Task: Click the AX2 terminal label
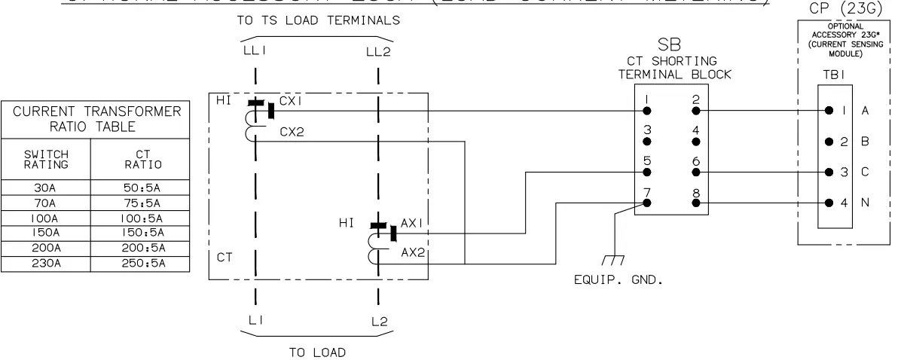point(414,253)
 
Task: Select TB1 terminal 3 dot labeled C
point(829,172)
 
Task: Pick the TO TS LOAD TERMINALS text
point(316,22)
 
